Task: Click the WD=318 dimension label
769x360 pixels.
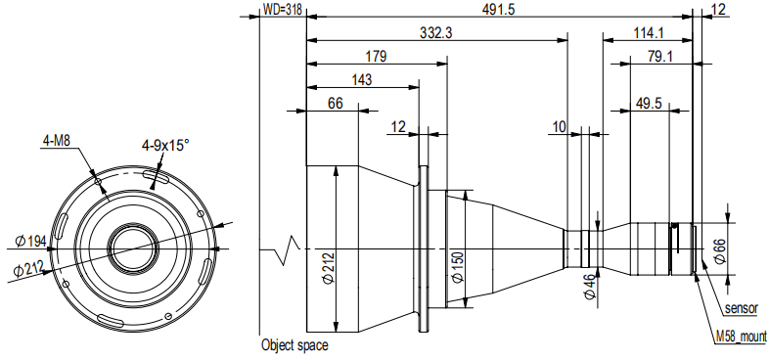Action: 283,10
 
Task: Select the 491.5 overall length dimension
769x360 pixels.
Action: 499,10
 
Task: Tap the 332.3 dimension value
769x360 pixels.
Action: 436,33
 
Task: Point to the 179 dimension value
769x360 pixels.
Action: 376,56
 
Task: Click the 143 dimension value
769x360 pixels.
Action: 362,79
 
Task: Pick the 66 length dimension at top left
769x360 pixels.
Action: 335,104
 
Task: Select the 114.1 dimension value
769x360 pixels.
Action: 648,33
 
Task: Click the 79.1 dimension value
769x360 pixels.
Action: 660,57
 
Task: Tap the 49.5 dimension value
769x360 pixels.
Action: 649,104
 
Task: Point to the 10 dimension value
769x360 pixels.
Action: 559,127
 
